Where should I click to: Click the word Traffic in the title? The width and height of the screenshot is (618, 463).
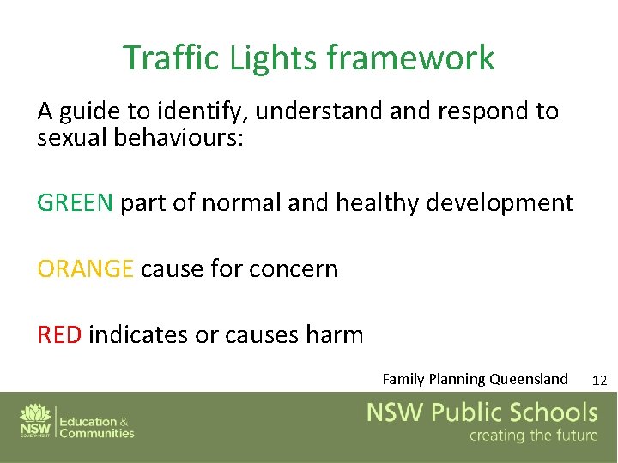point(172,58)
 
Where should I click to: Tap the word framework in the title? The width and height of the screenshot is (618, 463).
point(410,58)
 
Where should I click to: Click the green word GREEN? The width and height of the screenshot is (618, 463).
point(75,203)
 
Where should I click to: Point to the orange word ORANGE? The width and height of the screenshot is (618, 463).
point(85,269)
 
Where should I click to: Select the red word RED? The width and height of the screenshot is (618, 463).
point(59,334)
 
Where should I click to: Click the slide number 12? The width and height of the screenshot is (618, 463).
point(600,380)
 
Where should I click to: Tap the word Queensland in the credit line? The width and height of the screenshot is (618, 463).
point(528,379)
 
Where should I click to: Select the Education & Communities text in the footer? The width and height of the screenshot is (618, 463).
point(96,427)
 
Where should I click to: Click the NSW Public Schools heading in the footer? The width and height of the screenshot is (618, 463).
point(482,412)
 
